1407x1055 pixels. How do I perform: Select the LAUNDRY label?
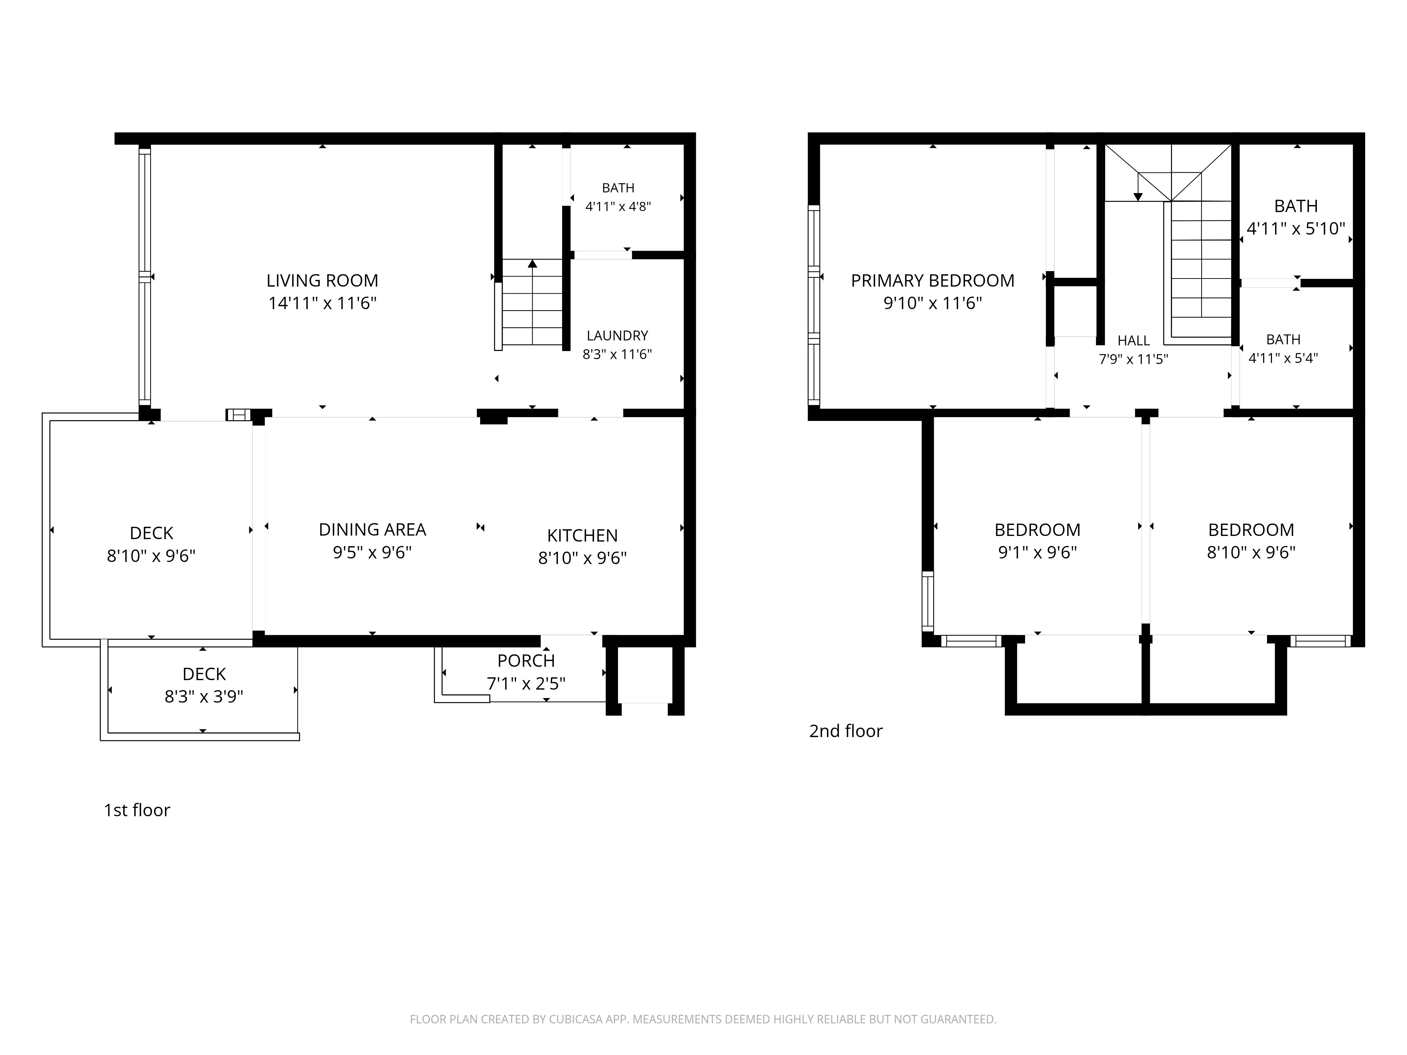click(x=617, y=336)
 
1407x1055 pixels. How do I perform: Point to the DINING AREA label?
click(x=372, y=530)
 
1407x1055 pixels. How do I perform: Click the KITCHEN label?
click(x=582, y=536)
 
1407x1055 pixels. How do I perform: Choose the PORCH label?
click(x=526, y=661)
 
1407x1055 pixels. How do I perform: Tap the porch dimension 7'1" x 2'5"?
click(x=526, y=684)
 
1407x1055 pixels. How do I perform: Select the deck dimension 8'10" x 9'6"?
click(x=151, y=556)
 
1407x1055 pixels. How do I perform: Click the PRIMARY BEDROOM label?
click(x=932, y=280)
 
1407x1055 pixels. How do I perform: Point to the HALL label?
click(x=1133, y=341)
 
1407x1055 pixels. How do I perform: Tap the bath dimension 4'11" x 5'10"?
click(x=1296, y=228)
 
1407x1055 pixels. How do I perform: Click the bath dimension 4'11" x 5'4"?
click(x=1283, y=358)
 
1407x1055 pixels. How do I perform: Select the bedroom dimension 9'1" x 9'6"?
click(x=1037, y=552)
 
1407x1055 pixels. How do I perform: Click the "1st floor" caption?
click(x=137, y=810)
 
